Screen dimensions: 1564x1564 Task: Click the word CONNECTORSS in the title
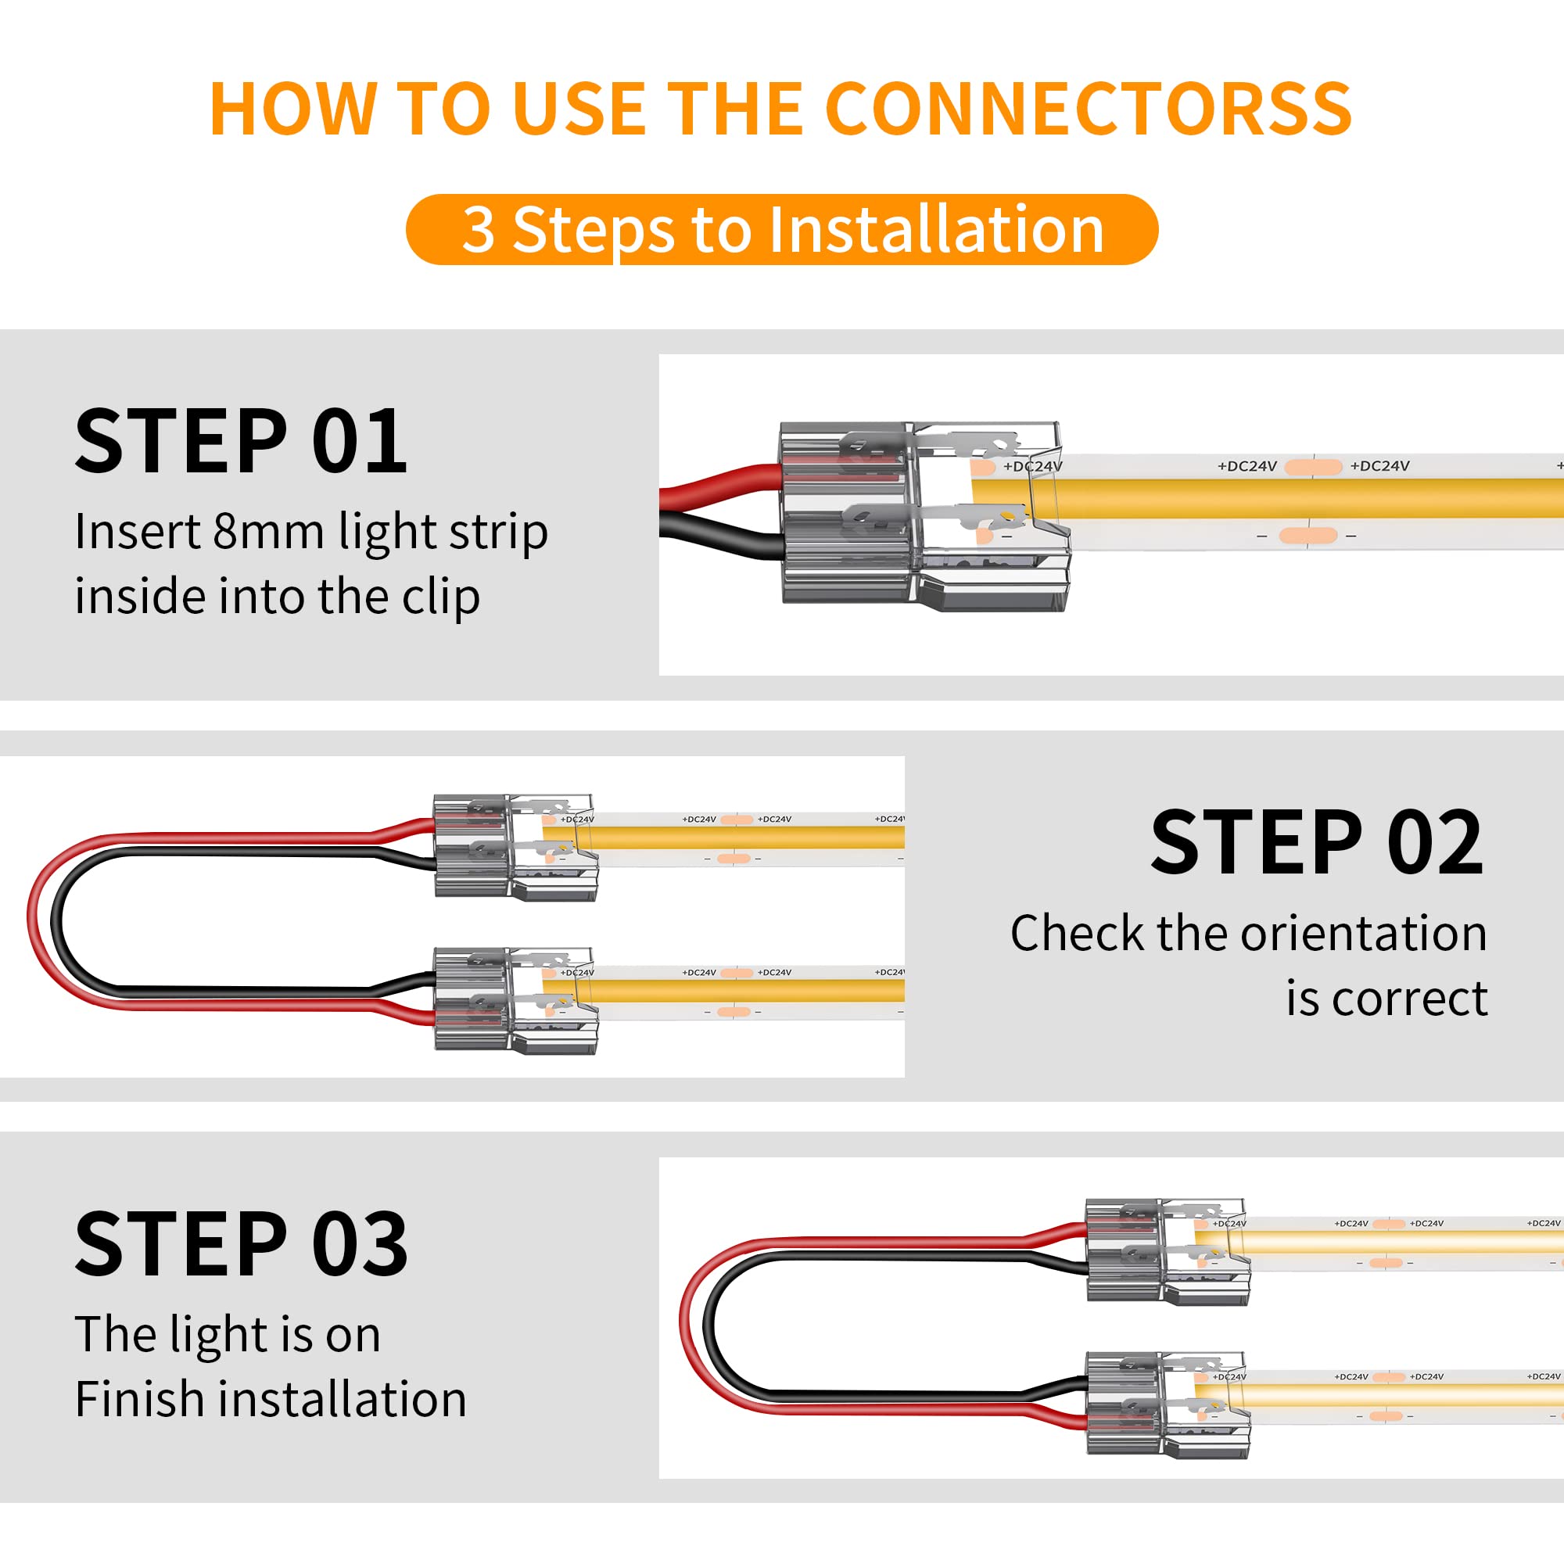(x=1088, y=109)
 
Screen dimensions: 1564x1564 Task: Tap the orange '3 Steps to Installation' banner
(x=782, y=230)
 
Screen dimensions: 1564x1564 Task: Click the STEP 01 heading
(x=240, y=442)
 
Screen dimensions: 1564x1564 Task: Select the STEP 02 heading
(x=1317, y=845)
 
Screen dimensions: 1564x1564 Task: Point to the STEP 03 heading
(x=241, y=1245)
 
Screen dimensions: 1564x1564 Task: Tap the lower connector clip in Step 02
(x=515, y=999)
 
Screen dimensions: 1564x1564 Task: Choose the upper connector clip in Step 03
(x=1167, y=1250)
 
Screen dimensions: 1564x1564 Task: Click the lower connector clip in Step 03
(x=1167, y=1404)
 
